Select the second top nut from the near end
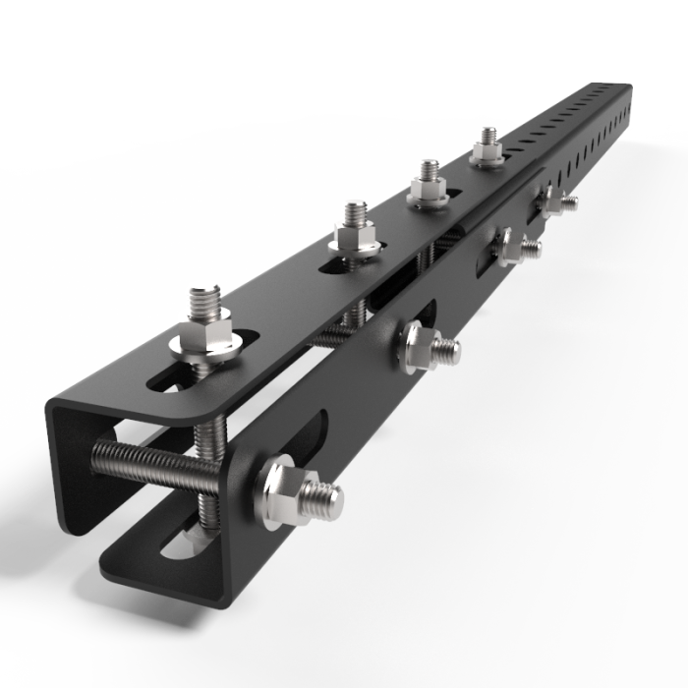[x=354, y=240]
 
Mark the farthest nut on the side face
[x=550, y=202]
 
